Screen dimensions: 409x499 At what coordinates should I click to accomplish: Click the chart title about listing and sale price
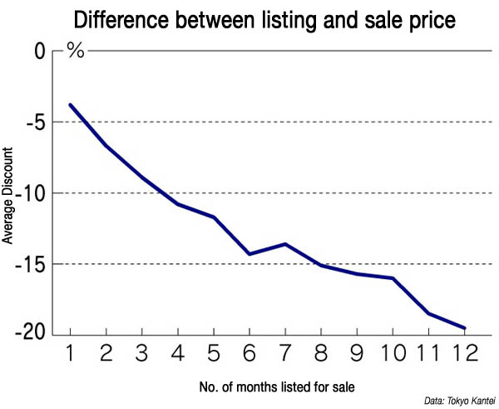[264, 18]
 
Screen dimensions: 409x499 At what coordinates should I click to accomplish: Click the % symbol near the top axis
[76, 52]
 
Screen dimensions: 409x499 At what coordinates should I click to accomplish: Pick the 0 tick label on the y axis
[40, 52]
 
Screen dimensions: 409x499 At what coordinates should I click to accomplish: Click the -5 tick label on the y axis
[33, 122]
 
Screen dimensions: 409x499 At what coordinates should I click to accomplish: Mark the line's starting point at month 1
[71, 105]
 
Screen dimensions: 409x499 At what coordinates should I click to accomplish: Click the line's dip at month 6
[249, 253]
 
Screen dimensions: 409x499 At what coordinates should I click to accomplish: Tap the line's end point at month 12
[464, 328]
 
